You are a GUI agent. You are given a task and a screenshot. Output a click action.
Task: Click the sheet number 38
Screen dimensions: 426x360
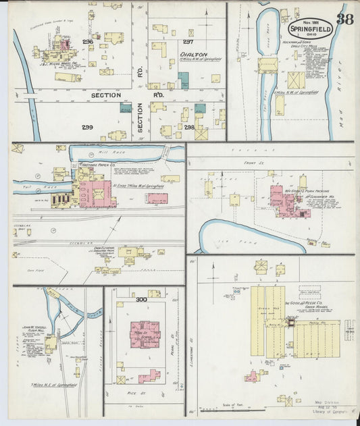pos(345,19)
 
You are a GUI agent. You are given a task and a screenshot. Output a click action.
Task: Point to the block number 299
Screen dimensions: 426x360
pos(88,127)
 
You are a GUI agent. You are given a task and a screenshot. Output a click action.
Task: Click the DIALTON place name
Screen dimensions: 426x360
pos(192,53)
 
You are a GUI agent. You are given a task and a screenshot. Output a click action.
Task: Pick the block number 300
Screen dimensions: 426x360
pos(140,299)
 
